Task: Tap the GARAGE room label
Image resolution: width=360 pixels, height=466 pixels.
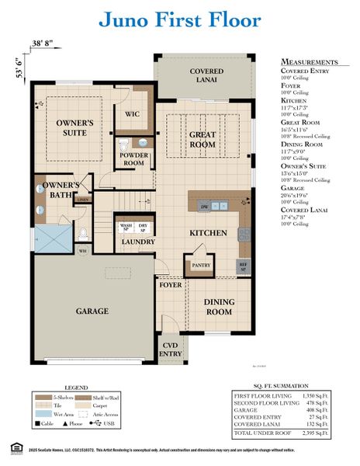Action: (x=92, y=311)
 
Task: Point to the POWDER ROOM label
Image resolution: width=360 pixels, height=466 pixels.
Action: (x=133, y=159)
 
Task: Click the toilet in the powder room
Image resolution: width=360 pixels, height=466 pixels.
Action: (x=124, y=144)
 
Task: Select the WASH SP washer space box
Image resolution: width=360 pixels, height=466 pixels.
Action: (x=126, y=228)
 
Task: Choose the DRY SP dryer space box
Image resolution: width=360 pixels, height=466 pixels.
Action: (x=144, y=228)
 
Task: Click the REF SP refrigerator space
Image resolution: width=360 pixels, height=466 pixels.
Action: (x=244, y=266)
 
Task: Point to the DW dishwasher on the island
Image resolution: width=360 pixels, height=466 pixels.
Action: (x=203, y=207)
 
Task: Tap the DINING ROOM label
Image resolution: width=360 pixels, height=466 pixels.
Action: (x=217, y=306)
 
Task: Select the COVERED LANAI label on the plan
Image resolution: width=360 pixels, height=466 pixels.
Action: (x=206, y=75)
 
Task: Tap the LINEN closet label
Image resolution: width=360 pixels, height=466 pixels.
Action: (x=83, y=200)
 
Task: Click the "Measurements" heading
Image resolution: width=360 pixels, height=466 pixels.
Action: (x=308, y=61)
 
